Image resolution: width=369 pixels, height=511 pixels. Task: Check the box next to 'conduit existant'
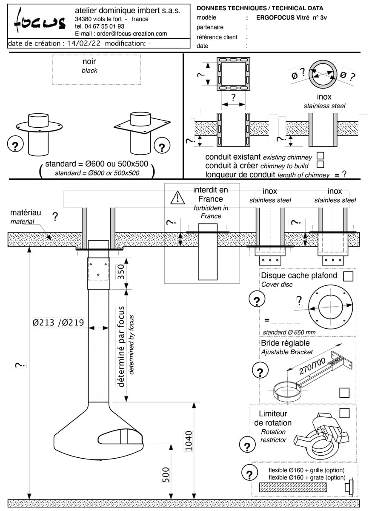[320, 156]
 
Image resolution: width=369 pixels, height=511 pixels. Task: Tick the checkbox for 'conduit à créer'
[320, 164]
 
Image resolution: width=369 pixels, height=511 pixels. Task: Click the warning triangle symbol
[177, 198]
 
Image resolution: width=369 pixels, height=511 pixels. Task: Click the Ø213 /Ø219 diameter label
[59, 322]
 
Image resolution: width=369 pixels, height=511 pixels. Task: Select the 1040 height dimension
[189, 441]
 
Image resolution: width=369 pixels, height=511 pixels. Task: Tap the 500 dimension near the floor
[166, 474]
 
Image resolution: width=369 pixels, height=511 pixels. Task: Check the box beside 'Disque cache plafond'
[348, 276]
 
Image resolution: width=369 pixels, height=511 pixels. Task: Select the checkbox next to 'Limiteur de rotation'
[344, 413]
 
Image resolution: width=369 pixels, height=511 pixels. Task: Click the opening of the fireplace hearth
[120, 437]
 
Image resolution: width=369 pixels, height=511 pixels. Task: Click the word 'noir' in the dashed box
[89, 62]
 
